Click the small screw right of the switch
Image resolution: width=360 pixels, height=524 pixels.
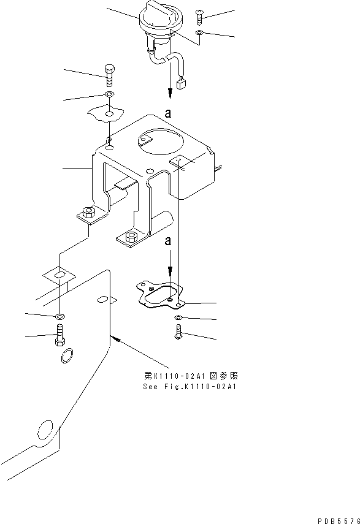[201, 16]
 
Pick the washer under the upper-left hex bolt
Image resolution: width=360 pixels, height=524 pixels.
[109, 95]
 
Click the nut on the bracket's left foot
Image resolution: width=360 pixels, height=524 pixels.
[88, 213]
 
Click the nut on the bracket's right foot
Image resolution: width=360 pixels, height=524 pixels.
[130, 237]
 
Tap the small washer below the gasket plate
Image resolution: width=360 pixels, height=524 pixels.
[177, 317]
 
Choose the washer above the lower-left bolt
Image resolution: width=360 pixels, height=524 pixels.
[59, 316]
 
